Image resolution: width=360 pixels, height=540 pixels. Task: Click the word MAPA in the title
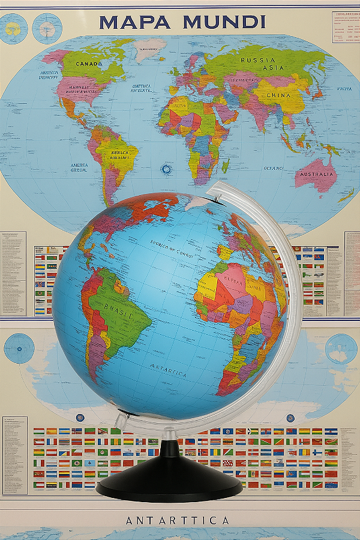pyautogui.click(x=136, y=22)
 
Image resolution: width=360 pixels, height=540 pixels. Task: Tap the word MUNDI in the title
pyautogui.click(x=224, y=22)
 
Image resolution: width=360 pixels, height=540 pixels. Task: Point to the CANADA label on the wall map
pyautogui.click(x=89, y=63)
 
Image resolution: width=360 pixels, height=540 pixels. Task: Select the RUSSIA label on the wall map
pyautogui.click(x=258, y=61)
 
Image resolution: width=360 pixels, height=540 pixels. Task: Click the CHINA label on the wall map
pyautogui.click(x=278, y=95)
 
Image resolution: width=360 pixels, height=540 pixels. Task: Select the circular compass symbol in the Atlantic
pyautogui.click(x=166, y=170)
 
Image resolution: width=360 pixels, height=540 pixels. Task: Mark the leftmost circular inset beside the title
pyautogui.click(x=13, y=28)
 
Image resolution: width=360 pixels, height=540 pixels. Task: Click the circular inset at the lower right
pyautogui.click(x=341, y=349)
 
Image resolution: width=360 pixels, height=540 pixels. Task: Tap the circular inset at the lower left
pyautogui.click(x=19, y=348)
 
